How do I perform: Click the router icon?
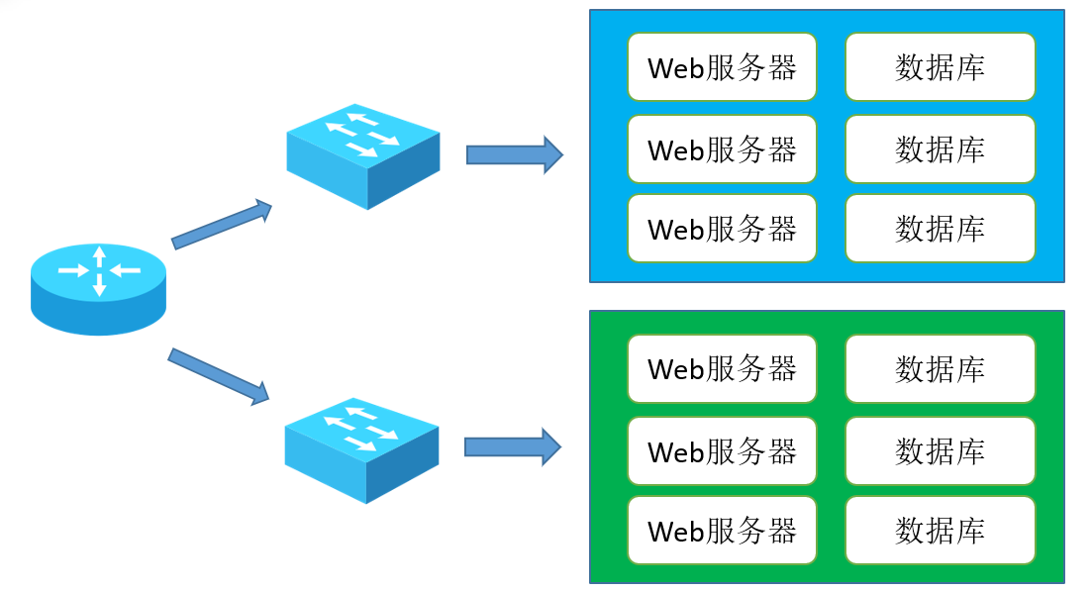(x=98, y=289)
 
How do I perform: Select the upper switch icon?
(x=362, y=156)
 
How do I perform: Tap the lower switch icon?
(x=361, y=450)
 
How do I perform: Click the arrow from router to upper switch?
(x=221, y=224)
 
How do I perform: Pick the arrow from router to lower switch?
(x=219, y=376)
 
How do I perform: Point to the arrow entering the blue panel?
(x=514, y=154)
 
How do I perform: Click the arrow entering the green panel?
(x=513, y=446)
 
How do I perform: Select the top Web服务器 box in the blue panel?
(x=722, y=66)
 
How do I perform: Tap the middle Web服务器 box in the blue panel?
(x=722, y=148)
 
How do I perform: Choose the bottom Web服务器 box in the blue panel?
(x=722, y=228)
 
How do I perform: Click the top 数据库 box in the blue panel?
(x=940, y=66)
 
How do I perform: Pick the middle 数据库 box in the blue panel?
(x=940, y=148)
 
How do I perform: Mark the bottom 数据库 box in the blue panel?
(x=940, y=228)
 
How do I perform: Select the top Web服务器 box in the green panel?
(x=722, y=368)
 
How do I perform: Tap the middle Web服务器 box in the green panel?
(x=722, y=450)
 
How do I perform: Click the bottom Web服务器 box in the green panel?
(x=722, y=530)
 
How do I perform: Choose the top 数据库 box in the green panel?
(x=940, y=368)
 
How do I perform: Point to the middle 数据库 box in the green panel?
(x=940, y=450)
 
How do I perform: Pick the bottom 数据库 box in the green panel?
(x=940, y=530)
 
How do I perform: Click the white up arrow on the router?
(x=100, y=256)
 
